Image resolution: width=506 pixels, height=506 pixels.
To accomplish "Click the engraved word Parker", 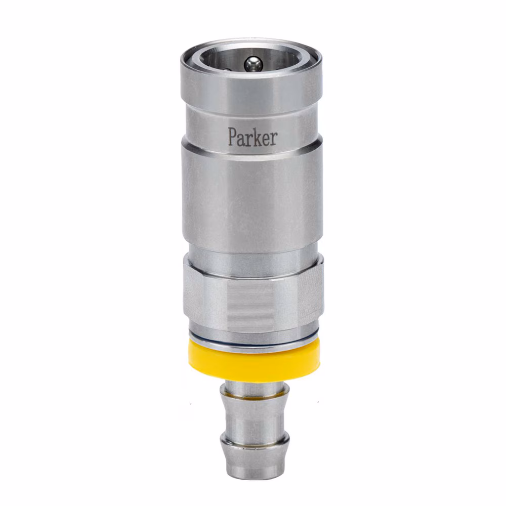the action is click(x=252, y=137).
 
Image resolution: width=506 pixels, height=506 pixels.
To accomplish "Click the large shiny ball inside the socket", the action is click(x=253, y=64).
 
